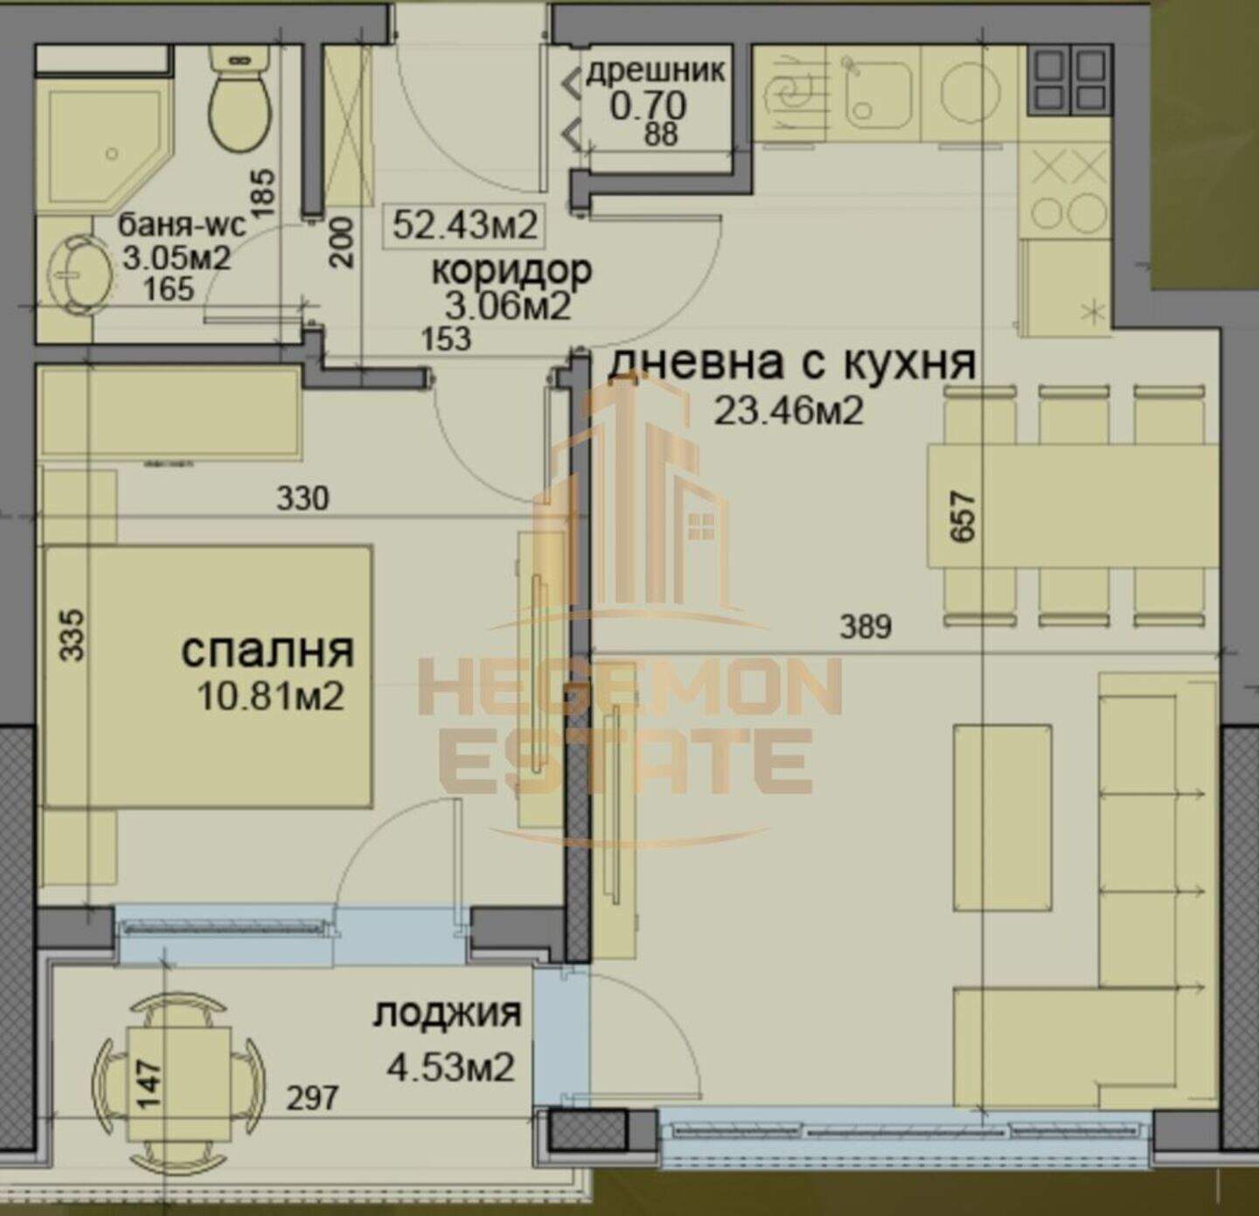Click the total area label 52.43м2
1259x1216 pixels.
(x=464, y=226)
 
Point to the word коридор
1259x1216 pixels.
(x=511, y=271)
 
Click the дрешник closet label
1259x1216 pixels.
(x=655, y=71)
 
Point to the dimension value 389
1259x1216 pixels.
(x=866, y=626)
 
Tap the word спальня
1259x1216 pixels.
(x=268, y=652)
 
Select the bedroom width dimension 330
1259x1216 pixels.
(x=303, y=498)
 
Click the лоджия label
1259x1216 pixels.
(x=447, y=1013)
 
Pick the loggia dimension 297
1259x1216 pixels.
(x=312, y=1098)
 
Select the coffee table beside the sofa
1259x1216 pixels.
(x=1002, y=817)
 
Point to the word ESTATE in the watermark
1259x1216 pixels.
(x=625, y=762)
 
